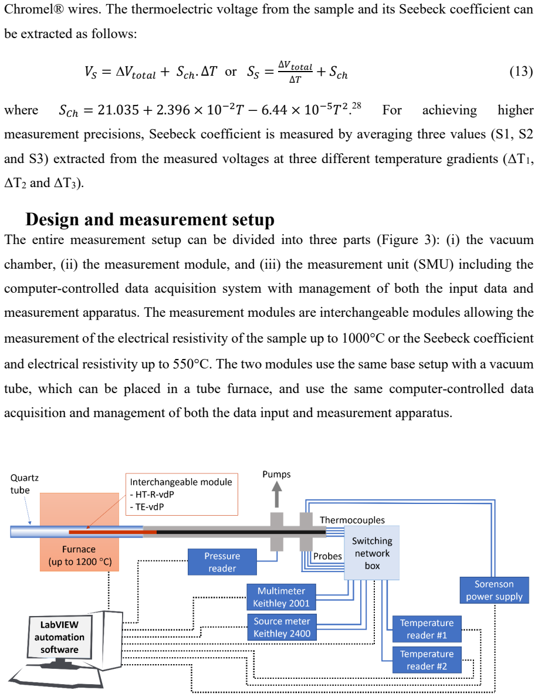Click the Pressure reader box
click(x=222, y=562)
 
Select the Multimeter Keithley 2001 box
click(x=282, y=597)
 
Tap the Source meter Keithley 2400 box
click(x=282, y=627)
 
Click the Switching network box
click(x=372, y=553)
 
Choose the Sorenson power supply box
click(x=495, y=590)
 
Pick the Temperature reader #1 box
click(x=427, y=629)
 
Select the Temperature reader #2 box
click(x=427, y=660)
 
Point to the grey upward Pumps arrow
click(x=276, y=495)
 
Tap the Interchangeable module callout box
click(x=182, y=495)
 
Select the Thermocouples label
click(x=352, y=520)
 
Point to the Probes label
click(x=328, y=556)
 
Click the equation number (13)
click(x=521, y=71)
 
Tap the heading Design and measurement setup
click(x=150, y=219)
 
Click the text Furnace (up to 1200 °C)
click(x=80, y=556)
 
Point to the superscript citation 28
click(x=357, y=106)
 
